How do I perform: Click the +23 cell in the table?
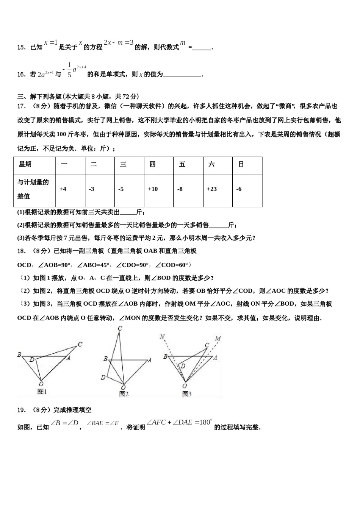[212, 189]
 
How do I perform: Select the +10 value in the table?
[153, 189]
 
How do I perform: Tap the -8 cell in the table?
[180, 189]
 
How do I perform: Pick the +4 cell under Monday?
[63, 189]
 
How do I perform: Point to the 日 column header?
[241, 164]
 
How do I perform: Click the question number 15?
[21, 47]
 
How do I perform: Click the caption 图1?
[42, 392]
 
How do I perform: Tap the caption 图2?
[124, 394]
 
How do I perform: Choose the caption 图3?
[186, 394]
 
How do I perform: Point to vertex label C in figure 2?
[120, 329]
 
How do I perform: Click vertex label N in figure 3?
[162, 337]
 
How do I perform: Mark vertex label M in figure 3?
[218, 338]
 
